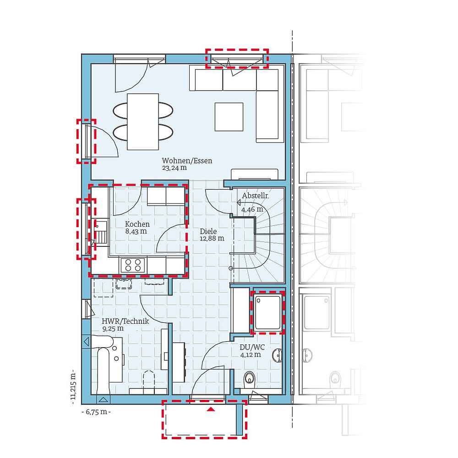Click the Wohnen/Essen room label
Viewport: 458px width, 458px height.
(x=187, y=161)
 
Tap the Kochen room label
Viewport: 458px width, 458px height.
(x=137, y=224)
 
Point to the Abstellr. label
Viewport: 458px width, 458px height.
(x=255, y=196)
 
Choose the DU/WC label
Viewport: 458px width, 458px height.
(x=252, y=347)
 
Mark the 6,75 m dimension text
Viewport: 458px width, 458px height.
(x=96, y=412)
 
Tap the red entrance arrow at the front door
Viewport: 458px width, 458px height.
(x=211, y=409)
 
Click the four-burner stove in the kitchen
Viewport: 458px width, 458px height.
(x=133, y=265)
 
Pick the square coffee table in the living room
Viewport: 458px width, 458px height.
(x=229, y=116)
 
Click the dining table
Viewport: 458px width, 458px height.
(x=143, y=121)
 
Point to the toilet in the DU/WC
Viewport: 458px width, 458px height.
(x=250, y=378)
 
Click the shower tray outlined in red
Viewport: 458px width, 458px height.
(x=267, y=311)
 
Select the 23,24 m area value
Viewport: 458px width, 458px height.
(x=174, y=168)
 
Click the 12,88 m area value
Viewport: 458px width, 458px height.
(x=212, y=238)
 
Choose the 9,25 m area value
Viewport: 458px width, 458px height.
(x=113, y=328)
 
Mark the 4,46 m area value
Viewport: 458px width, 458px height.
(x=252, y=209)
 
